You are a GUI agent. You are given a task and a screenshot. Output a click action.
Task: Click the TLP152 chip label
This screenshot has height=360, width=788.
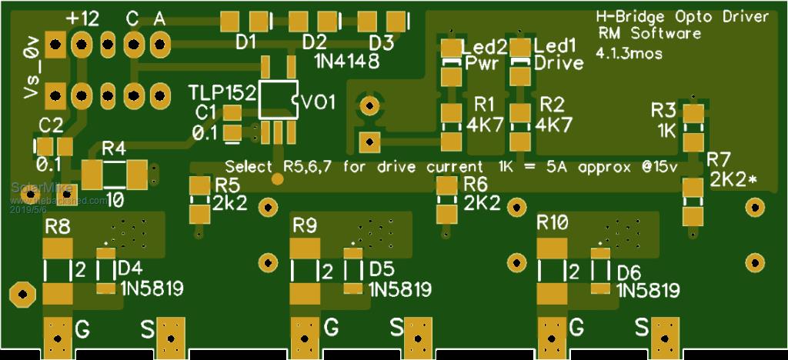[222, 93]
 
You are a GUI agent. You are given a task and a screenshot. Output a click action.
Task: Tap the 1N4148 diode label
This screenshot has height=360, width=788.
[347, 61]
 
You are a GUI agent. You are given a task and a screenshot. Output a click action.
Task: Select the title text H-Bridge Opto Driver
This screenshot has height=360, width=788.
[683, 17]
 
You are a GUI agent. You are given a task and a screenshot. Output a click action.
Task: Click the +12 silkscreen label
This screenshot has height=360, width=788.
[82, 19]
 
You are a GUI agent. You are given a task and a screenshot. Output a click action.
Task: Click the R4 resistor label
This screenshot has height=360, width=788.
[114, 147]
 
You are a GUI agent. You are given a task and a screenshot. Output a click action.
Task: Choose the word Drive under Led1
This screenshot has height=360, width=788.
[559, 63]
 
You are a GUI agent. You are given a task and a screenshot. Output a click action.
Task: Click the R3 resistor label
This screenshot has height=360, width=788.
[663, 109]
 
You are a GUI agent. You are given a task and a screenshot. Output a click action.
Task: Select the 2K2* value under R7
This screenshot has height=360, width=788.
[733, 180]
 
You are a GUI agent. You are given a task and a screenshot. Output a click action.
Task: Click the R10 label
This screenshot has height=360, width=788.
[553, 224]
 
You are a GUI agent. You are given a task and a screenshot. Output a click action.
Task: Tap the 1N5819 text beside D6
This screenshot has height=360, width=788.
[649, 290]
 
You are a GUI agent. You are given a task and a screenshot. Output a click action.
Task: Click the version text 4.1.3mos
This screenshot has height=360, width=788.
[629, 52]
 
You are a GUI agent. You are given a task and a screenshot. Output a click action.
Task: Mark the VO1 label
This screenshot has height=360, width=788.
[318, 102]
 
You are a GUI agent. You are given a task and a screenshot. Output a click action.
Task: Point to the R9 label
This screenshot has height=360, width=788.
[306, 225]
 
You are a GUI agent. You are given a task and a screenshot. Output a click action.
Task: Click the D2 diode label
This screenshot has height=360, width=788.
[314, 42]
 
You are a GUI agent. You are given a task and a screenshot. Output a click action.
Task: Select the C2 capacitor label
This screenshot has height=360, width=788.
[51, 125]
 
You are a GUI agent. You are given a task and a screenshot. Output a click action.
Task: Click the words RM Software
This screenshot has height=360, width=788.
[649, 34]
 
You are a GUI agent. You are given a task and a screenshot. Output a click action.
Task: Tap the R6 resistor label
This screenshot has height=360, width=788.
[476, 184]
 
